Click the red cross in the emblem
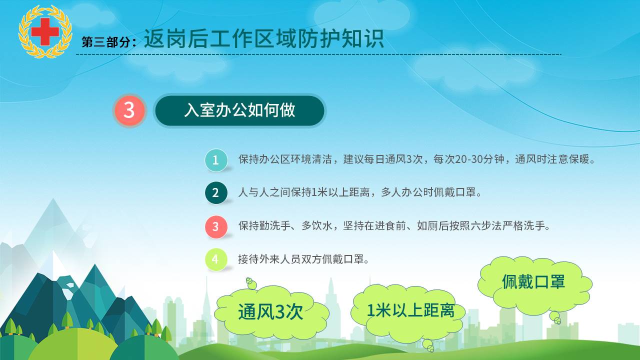[45, 31]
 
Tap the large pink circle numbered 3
[129, 110]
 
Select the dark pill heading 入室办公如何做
[239, 110]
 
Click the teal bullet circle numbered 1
[216, 160]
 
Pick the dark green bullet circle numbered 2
[216, 193]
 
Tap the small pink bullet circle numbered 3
[216, 226]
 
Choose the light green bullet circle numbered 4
[216, 259]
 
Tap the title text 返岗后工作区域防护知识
[263, 38]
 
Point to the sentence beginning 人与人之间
[359, 192]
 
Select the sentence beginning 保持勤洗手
[394, 225]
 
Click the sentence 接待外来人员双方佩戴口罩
[303, 259]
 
